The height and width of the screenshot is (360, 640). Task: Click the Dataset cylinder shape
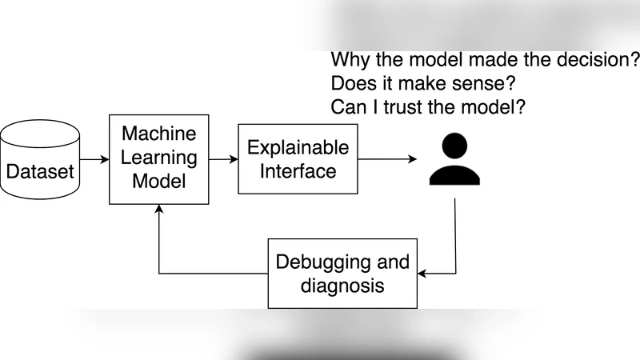pos(40,160)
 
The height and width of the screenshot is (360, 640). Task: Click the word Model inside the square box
pos(158,181)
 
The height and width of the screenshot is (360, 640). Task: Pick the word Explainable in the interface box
pos(298,147)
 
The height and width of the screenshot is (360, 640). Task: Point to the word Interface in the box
pos(298,171)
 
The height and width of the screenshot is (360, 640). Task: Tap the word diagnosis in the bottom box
pos(342,286)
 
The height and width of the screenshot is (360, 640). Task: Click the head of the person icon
pos(454,146)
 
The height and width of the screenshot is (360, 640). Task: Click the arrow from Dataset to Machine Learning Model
pos(94,159)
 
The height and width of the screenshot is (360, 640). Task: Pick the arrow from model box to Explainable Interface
pos(223,159)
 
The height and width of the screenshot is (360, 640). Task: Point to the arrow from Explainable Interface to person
pos(387,159)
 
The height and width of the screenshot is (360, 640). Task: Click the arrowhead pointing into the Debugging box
pos(422,274)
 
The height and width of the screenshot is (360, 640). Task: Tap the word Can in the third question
pos(346,106)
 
